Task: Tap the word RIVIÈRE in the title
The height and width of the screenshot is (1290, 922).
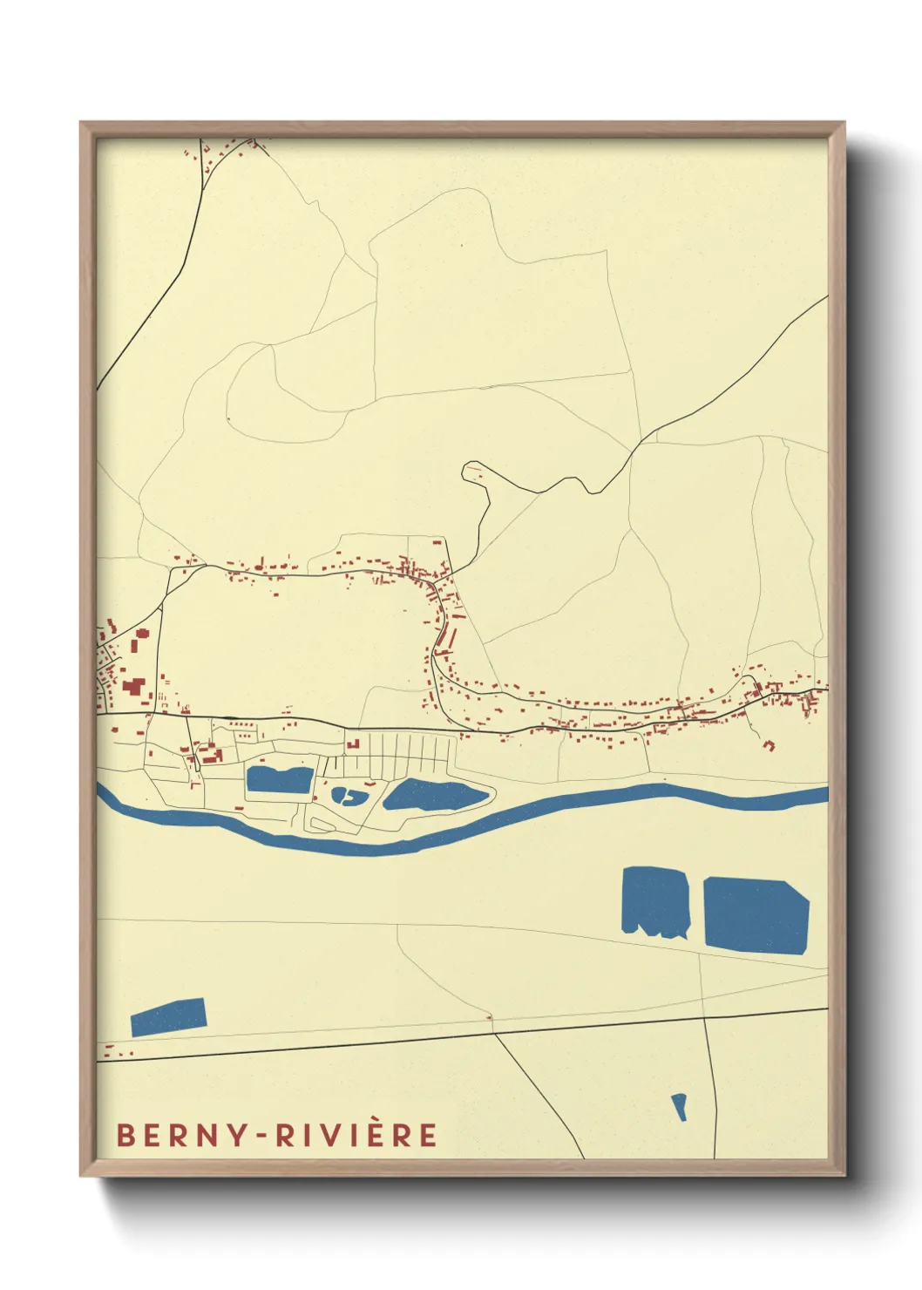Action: (x=357, y=1136)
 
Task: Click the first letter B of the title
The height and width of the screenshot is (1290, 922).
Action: (x=125, y=1136)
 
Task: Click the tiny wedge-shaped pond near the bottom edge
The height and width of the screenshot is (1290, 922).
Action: (x=679, y=1106)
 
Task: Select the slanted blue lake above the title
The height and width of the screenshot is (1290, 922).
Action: (x=168, y=1016)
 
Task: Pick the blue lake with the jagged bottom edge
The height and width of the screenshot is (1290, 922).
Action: (x=655, y=901)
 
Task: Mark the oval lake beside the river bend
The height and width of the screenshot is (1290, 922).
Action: (x=434, y=796)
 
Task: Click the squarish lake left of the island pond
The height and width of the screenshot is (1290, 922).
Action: (x=279, y=779)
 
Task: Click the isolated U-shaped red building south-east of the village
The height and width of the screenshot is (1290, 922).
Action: (x=769, y=744)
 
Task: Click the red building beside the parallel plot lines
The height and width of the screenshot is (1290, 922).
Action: (x=354, y=744)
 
